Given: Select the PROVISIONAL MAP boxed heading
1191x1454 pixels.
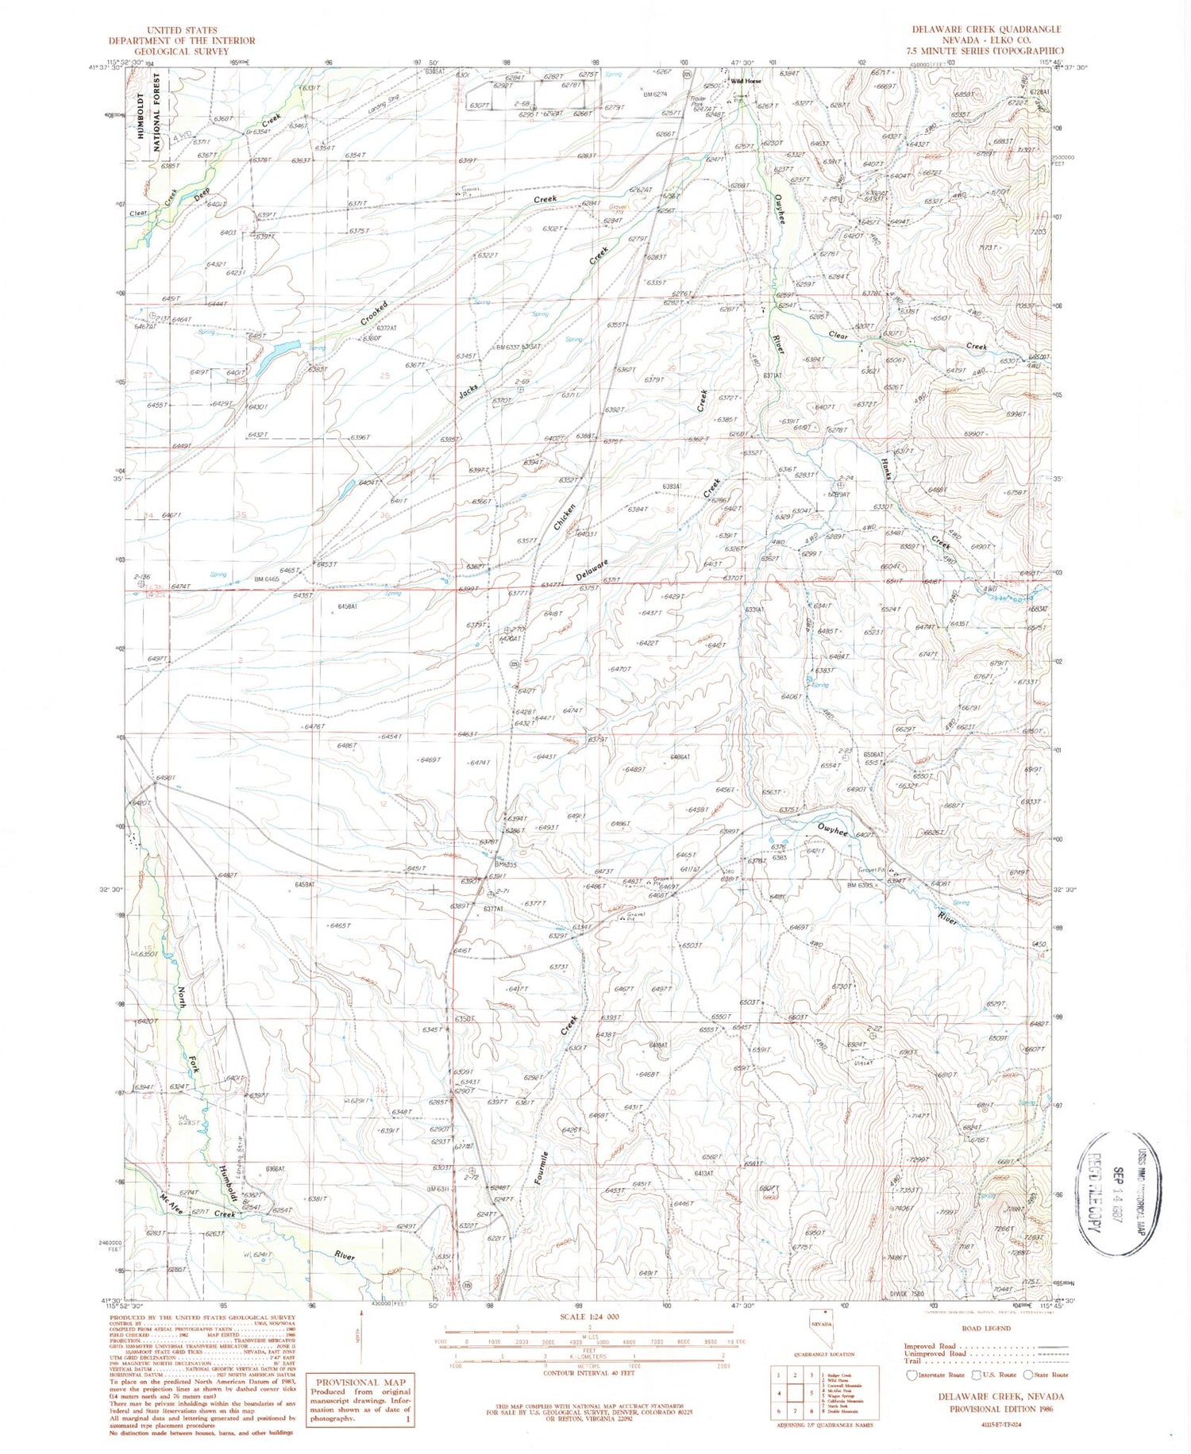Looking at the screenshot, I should (x=362, y=1382).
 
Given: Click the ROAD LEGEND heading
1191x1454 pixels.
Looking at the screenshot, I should (x=985, y=1328).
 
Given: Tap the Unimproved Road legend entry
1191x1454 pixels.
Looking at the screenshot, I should (x=939, y=1353).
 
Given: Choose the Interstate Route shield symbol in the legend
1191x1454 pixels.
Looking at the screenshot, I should (x=912, y=1375).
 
